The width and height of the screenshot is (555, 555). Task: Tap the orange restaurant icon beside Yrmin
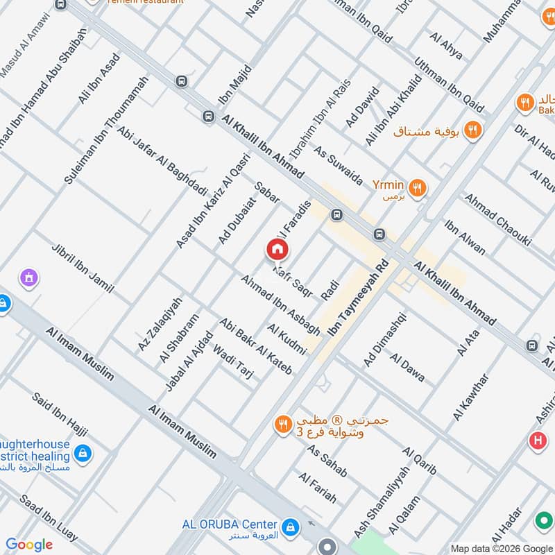click(x=417, y=187)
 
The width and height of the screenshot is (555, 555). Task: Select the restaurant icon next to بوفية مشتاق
click(x=473, y=129)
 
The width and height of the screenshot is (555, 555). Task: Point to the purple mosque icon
click(x=28, y=278)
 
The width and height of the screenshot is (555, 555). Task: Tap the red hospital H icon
click(x=537, y=440)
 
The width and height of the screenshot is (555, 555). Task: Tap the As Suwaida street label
click(x=339, y=165)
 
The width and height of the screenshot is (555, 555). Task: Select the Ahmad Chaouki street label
click(x=497, y=219)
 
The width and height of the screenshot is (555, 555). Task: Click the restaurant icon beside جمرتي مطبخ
click(x=282, y=425)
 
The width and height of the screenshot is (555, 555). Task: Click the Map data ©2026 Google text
click(x=501, y=547)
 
